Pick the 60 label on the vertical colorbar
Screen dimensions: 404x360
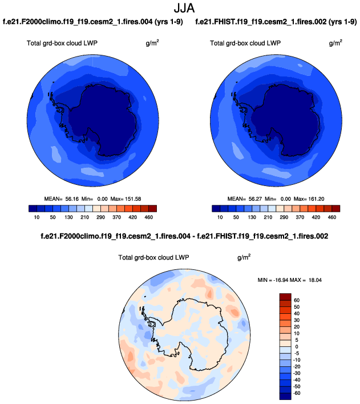[x=297, y=300]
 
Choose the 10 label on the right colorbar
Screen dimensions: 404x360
[x=219, y=217]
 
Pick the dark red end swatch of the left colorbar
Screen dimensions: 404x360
[x=152, y=208]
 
